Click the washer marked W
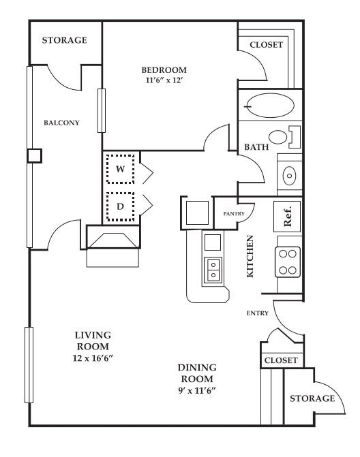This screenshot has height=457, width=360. click(120, 169)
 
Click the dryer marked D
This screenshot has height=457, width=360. click(120, 206)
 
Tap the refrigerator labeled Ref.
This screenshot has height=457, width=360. click(287, 217)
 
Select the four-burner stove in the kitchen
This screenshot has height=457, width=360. click(288, 262)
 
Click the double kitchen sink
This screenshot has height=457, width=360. click(213, 270)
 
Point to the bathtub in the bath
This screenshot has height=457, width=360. click(270, 106)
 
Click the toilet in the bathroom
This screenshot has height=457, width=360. click(284, 137)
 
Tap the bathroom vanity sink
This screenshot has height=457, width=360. click(289, 176)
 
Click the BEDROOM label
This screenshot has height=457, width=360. click(164, 70)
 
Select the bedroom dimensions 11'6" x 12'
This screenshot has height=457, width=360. click(164, 80)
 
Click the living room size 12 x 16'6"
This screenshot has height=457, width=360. click(93, 358)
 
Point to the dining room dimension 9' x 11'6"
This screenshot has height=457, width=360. click(197, 390)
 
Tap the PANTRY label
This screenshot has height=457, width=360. click(234, 214)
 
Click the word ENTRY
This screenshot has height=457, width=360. click(257, 313)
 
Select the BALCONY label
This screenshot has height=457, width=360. click(61, 123)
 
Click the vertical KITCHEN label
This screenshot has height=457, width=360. click(250, 257)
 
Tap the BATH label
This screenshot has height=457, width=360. click(256, 147)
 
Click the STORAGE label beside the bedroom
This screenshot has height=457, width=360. click(65, 40)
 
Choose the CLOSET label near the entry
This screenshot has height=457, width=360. click(281, 360)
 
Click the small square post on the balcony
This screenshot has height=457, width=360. click(35, 156)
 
